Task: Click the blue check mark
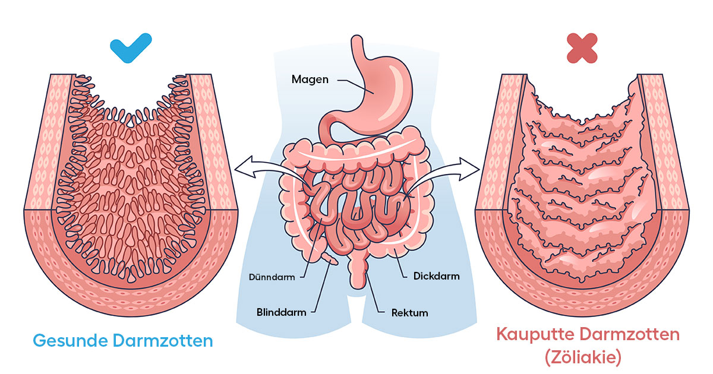click(x=131, y=48)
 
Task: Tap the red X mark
click(x=582, y=48)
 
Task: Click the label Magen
click(x=310, y=79)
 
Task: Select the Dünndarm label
click(x=272, y=277)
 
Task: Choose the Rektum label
click(x=409, y=312)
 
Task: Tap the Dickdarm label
click(x=436, y=276)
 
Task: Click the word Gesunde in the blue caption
click(x=69, y=341)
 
